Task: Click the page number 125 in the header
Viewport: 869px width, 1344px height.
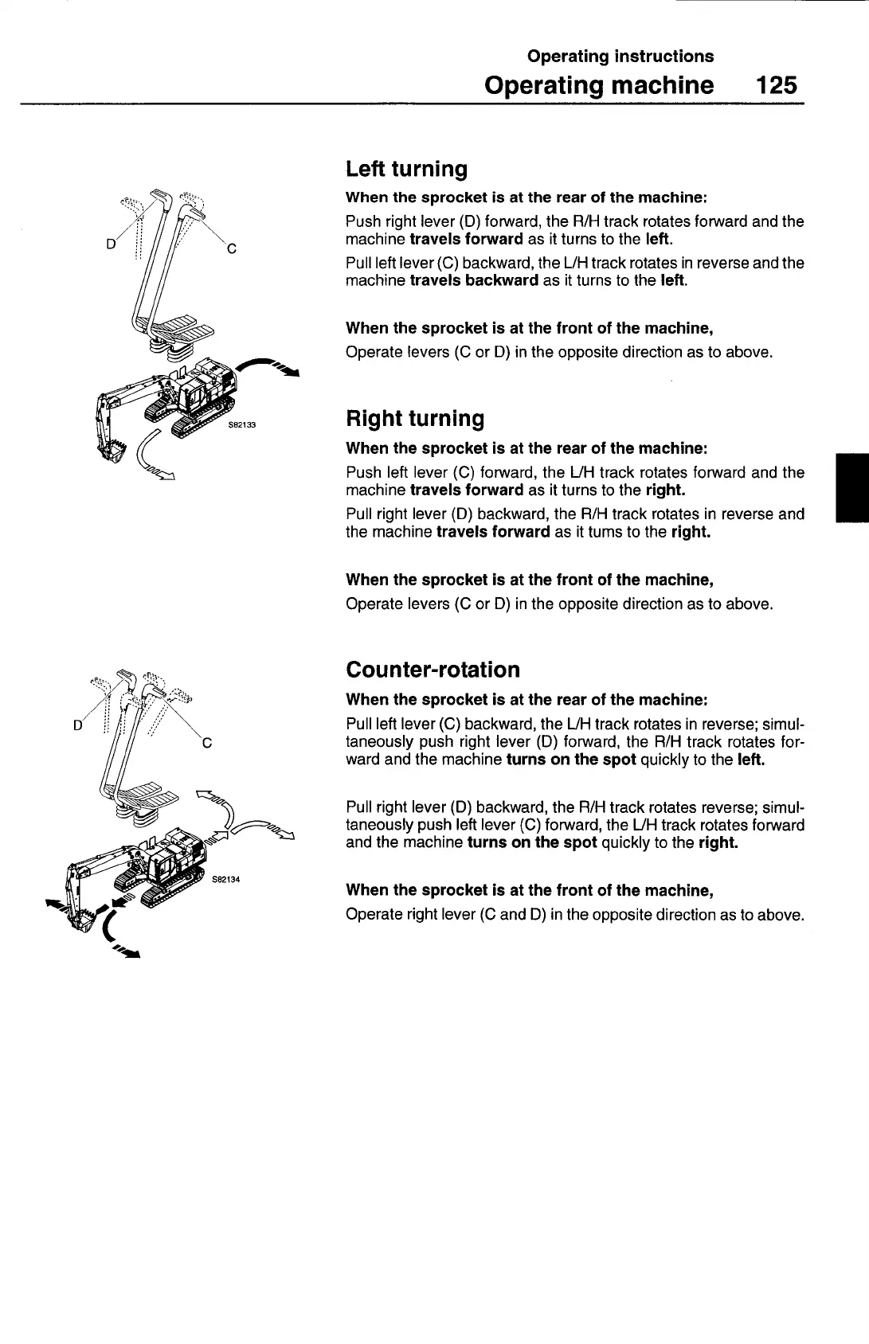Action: click(x=777, y=85)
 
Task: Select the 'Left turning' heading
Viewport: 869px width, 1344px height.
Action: click(x=406, y=169)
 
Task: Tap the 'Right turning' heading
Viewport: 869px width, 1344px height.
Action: click(x=415, y=419)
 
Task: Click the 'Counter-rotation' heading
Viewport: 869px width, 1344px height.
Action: click(x=433, y=670)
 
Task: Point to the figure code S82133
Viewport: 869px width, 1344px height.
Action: click(x=242, y=425)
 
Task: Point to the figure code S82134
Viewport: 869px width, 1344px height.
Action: click(x=225, y=880)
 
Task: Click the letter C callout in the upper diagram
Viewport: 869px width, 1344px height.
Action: click(x=231, y=249)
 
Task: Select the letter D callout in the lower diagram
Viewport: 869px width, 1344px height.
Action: click(x=77, y=726)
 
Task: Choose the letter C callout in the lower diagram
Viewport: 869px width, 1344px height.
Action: click(x=206, y=744)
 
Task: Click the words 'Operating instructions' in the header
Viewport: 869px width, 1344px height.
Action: click(x=620, y=57)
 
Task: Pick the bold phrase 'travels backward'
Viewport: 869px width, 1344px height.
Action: click(x=474, y=280)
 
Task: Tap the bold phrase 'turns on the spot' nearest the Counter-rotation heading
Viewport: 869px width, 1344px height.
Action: click(x=570, y=760)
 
